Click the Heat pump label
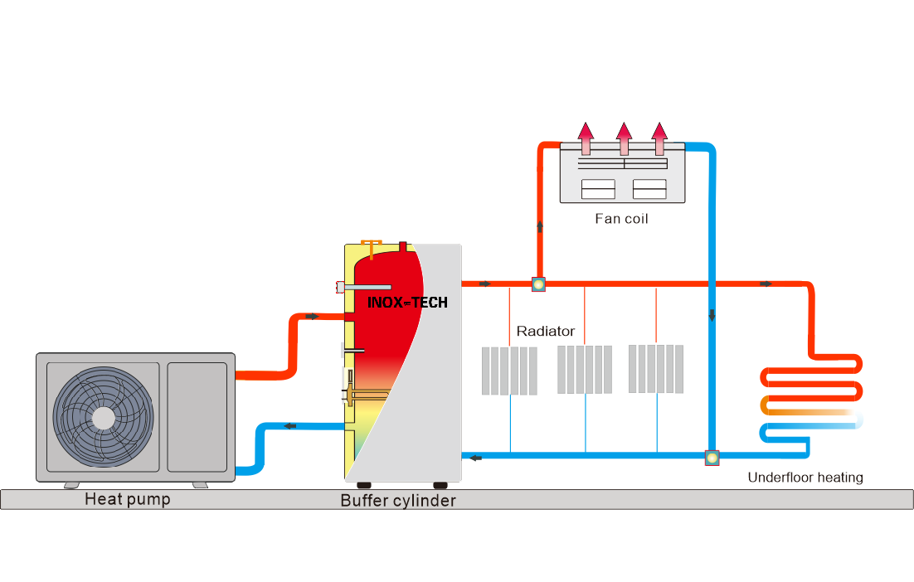point(127,499)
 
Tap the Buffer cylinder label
point(398,501)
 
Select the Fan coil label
point(621,219)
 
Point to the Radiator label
point(545,331)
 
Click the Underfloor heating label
point(805,478)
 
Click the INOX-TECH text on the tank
point(407,303)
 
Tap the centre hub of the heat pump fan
point(103,417)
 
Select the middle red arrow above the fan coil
point(625,138)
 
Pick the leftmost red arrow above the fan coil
point(586,138)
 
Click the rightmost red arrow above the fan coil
point(659,138)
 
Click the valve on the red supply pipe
point(538,284)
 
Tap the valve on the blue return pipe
point(712,456)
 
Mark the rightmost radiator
point(656,368)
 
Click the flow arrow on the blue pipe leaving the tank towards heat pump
point(291,426)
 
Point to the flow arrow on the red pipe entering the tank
point(312,317)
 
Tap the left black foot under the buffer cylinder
point(364,485)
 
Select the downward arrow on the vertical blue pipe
point(711,316)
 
